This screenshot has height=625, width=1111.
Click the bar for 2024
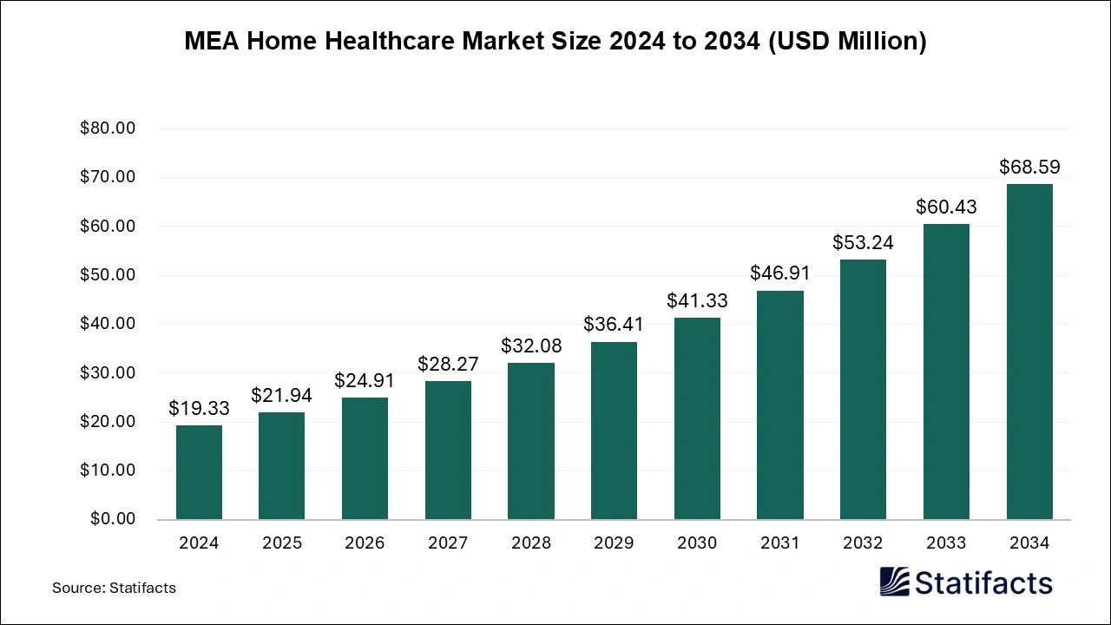point(199,472)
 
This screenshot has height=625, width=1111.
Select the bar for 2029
point(614,431)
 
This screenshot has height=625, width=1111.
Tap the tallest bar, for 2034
point(1029,352)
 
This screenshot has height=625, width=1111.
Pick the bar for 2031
point(779,405)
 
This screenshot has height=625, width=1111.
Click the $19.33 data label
point(199,408)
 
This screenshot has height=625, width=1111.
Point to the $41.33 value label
point(697,301)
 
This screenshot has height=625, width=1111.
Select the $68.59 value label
point(1029,167)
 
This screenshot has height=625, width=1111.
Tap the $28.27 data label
point(448,364)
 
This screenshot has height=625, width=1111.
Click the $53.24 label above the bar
point(863,242)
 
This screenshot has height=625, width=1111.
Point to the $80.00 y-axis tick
point(108,128)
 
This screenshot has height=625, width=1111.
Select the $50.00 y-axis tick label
point(108,275)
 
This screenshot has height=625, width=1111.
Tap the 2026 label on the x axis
point(365,543)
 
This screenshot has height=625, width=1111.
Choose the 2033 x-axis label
point(946,543)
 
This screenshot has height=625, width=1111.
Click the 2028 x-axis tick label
point(531,543)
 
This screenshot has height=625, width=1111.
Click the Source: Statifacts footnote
point(114,588)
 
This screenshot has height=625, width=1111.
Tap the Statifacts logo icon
point(894,582)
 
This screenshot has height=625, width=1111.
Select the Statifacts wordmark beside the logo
point(984,582)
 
